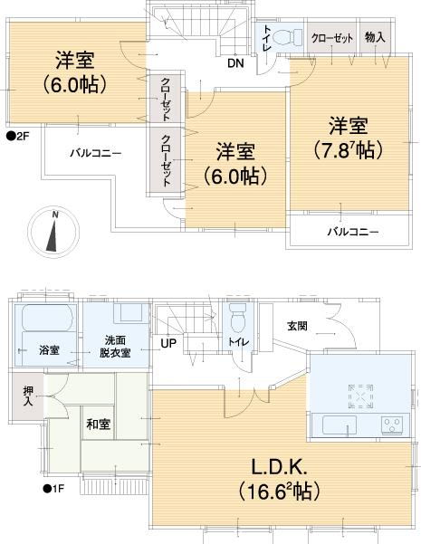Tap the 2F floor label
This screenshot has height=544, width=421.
[18, 137]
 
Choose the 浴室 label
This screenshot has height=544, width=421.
[48, 350]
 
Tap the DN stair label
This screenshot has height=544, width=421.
[234, 63]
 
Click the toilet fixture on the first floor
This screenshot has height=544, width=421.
[238, 320]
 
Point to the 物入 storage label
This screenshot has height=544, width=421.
[374, 37]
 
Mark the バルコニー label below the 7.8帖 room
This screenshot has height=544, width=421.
[353, 232]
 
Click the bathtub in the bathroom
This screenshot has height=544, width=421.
[45, 320]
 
